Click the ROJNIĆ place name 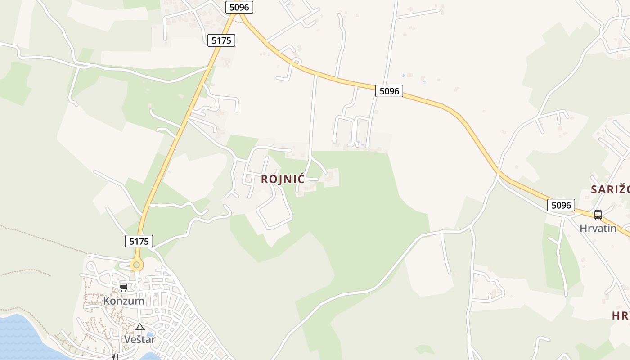[x=283, y=179]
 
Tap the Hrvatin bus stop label [x=598, y=228]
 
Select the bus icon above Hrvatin [x=598, y=215]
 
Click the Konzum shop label [x=124, y=301]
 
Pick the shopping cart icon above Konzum [x=123, y=288]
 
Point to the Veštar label [x=139, y=339]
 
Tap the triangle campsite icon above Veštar [x=139, y=327]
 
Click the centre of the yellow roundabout [x=136, y=265]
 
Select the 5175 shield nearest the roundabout [x=139, y=241]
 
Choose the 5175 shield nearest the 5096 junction [x=221, y=40]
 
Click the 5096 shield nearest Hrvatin [x=561, y=206]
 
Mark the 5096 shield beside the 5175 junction [x=239, y=7]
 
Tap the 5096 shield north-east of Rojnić [x=389, y=91]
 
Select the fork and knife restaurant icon [x=115, y=357]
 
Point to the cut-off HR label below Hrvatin [x=621, y=315]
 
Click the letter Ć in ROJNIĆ [x=301, y=179]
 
